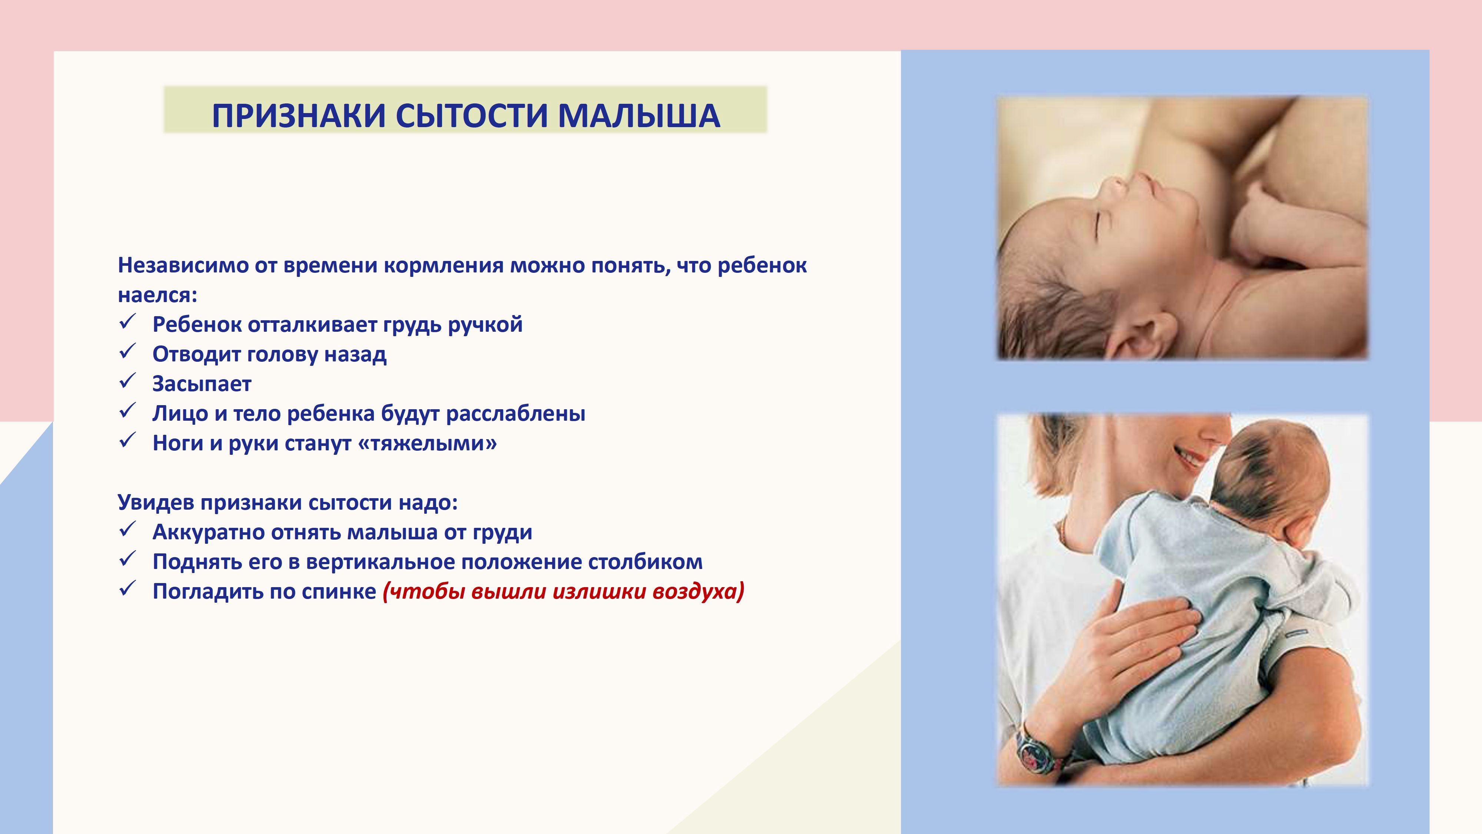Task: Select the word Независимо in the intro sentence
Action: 182,265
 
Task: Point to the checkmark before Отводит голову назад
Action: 127,351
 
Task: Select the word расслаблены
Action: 515,414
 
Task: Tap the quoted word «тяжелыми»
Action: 427,443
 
